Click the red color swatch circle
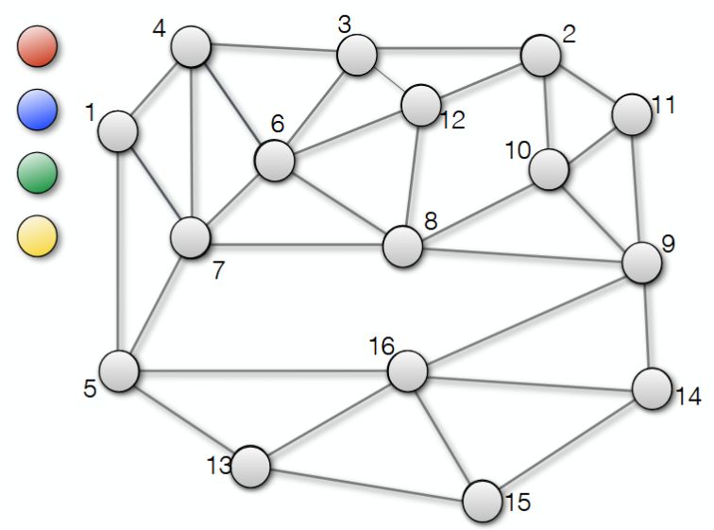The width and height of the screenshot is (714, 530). click(x=38, y=46)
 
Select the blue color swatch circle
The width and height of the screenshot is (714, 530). click(x=38, y=110)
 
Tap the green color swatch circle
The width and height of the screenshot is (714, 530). click(x=38, y=173)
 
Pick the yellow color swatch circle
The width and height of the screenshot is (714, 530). click(x=38, y=236)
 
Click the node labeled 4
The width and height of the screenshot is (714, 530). click(x=191, y=46)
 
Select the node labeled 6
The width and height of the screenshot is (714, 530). click(x=275, y=161)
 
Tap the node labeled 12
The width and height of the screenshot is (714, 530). click(x=421, y=105)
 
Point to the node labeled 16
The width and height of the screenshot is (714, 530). click(x=408, y=371)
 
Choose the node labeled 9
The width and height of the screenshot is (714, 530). click(x=642, y=263)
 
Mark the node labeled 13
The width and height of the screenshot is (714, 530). click(x=250, y=467)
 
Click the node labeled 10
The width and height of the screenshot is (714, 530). click(x=549, y=169)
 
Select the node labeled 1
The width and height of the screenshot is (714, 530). click(x=118, y=131)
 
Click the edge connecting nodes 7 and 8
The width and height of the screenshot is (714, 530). click(x=297, y=246)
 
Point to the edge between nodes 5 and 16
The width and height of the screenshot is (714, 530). click(x=263, y=372)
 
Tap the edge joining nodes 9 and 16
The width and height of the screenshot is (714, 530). click(x=525, y=316)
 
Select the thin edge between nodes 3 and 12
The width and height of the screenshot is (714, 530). click(x=389, y=80)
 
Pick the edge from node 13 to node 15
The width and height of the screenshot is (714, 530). click(x=366, y=486)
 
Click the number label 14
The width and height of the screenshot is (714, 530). click(x=688, y=396)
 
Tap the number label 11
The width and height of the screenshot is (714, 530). click(x=663, y=105)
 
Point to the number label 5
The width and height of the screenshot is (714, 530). click(x=90, y=388)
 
